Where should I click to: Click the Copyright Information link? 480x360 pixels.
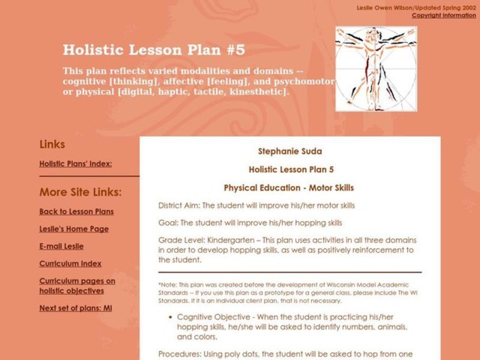pos(443,16)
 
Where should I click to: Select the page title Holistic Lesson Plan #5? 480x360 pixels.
pos(154,49)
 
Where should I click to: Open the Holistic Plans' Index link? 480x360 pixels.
pos(76,163)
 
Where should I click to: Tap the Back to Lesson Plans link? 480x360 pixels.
pos(76,211)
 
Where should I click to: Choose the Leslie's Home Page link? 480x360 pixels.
pos(74,229)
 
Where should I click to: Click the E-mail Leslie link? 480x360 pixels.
pos(61,246)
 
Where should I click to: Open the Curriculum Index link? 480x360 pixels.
pos(70,263)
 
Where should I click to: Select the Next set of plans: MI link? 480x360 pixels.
pos(76,308)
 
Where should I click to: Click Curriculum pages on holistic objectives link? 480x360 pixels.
pos(77,286)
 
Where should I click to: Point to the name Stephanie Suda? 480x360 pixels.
pos(290,151)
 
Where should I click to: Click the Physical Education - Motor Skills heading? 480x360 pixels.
pos(289,187)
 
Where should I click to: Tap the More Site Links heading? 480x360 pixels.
pos(80,193)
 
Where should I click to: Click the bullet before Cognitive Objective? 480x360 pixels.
pos(171,317)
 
